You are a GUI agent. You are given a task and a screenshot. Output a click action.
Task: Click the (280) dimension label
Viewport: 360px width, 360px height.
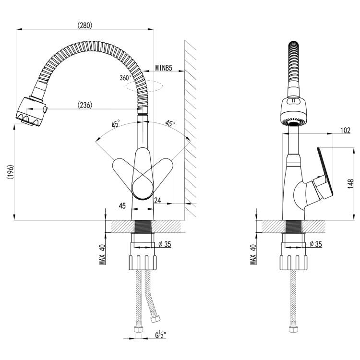tap(85, 25)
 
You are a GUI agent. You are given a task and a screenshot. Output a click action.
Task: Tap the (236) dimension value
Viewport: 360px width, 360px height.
tap(85, 105)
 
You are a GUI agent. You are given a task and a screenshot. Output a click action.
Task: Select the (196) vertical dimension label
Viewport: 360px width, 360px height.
tap(11, 172)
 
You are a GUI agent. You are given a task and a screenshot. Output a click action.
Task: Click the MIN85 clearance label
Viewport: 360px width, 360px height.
tap(164, 68)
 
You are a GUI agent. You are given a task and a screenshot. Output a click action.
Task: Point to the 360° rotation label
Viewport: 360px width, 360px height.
tap(125, 78)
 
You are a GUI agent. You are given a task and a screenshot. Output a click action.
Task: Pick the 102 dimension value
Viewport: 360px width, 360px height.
tap(345, 131)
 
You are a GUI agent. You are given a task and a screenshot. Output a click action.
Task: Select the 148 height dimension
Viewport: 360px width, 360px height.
tap(350, 184)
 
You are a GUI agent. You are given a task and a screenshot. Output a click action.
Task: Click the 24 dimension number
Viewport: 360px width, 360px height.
tap(157, 201)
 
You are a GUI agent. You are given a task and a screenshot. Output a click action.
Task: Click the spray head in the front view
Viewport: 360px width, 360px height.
tap(31, 111)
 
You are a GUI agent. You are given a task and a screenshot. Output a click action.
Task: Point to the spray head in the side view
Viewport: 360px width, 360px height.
tap(293, 111)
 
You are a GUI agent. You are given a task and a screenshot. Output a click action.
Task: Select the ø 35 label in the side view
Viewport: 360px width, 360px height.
tap(316, 244)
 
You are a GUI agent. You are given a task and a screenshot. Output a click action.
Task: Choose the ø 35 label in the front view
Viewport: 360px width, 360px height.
tap(165, 244)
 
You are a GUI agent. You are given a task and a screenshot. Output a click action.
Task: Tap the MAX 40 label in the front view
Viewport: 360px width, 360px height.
tap(102, 254)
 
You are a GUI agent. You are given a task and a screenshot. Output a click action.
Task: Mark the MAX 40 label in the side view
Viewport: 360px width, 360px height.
tap(253, 254)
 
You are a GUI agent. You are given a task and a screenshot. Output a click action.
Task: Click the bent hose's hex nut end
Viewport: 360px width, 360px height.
tap(156, 319)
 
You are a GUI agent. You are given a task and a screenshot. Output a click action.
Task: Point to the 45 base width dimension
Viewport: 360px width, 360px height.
tap(122, 206)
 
